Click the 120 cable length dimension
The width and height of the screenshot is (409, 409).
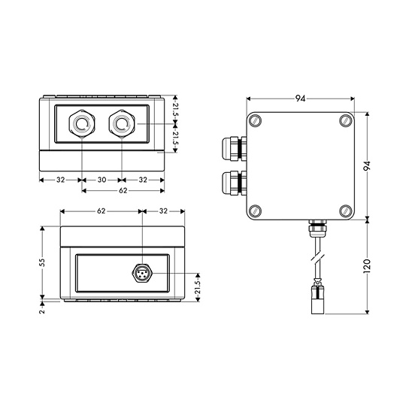point(367,266)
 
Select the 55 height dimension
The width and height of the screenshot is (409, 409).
point(42,262)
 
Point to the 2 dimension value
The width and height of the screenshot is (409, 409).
point(42,311)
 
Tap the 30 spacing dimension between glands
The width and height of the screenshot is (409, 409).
point(101,180)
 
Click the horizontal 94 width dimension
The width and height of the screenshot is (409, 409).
point(300,98)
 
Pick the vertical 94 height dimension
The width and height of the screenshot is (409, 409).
point(367,166)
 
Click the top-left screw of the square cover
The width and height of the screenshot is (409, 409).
point(256,121)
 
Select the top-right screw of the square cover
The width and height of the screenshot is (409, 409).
point(346,121)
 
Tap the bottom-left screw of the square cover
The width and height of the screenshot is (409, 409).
point(256,211)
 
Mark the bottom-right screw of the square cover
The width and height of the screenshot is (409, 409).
point(346,211)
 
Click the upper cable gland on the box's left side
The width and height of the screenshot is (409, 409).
point(234,148)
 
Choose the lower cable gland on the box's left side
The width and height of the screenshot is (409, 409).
point(234,183)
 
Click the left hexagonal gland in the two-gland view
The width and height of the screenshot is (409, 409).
point(82,124)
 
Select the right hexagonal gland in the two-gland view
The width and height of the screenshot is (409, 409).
point(122,124)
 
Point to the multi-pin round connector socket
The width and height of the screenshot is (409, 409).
point(142,274)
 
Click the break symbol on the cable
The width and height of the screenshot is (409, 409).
point(318,259)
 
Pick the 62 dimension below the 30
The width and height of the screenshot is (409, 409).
point(123,191)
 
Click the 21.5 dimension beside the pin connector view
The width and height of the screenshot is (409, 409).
point(198,287)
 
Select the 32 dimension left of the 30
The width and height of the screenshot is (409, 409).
point(60,180)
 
